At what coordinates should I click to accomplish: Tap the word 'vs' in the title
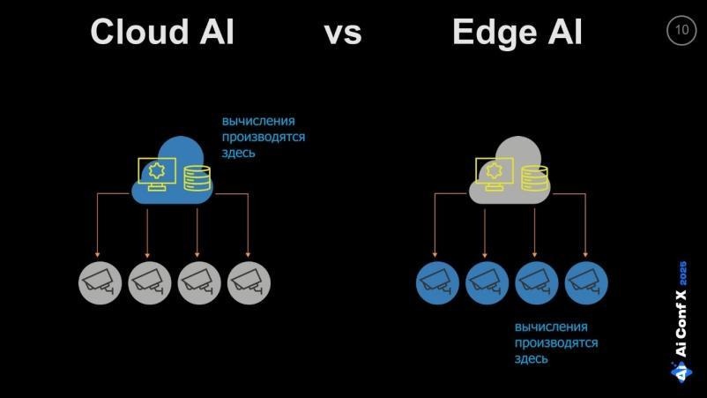tap(342, 34)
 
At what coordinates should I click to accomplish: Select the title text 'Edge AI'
tap(517, 33)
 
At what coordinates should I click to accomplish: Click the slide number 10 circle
tap(681, 30)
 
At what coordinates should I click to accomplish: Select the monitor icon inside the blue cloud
tap(157, 173)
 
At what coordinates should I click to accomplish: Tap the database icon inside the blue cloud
tap(197, 176)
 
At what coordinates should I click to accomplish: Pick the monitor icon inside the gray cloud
tap(494, 173)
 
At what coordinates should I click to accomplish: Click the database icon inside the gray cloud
tap(534, 176)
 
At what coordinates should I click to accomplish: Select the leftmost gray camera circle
tap(99, 282)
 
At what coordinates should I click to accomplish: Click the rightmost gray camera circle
tap(249, 282)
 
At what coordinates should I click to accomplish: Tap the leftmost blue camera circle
tap(436, 282)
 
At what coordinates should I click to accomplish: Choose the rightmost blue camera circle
tap(586, 282)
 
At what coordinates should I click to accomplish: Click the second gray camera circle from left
tap(149, 282)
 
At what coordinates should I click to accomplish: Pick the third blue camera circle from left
tap(536, 282)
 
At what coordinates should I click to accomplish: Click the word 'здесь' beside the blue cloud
tap(238, 153)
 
